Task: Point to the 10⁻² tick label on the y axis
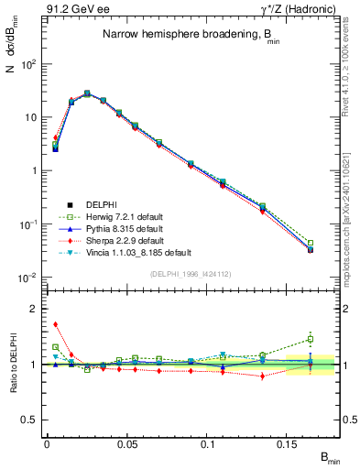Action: click(x=27, y=278)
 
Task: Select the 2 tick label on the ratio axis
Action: click(x=34, y=309)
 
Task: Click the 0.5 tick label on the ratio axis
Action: click(x=30, y=420)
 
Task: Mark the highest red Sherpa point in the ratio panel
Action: click(x=55, y=323)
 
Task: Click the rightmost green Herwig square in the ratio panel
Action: click(x=311, y=339)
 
